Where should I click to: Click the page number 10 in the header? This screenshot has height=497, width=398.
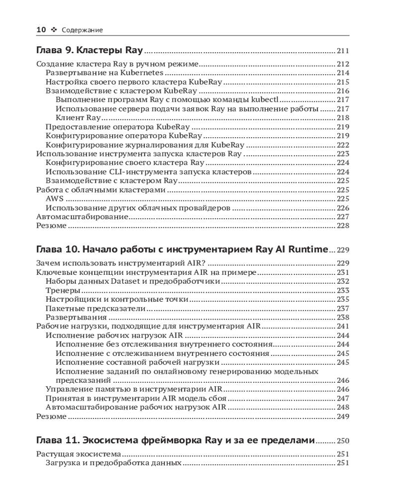(41, 30)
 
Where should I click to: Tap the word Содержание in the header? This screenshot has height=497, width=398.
(83, 30)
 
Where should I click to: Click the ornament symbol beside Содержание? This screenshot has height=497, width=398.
(54, 30)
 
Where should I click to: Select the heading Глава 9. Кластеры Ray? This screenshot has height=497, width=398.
(90, 51)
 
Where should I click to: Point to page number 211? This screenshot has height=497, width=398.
(343, 51)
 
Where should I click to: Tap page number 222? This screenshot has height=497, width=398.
(343, 145)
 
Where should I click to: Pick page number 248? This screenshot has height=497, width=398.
(343, 407)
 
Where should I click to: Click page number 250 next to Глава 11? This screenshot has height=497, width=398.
(343, 441)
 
